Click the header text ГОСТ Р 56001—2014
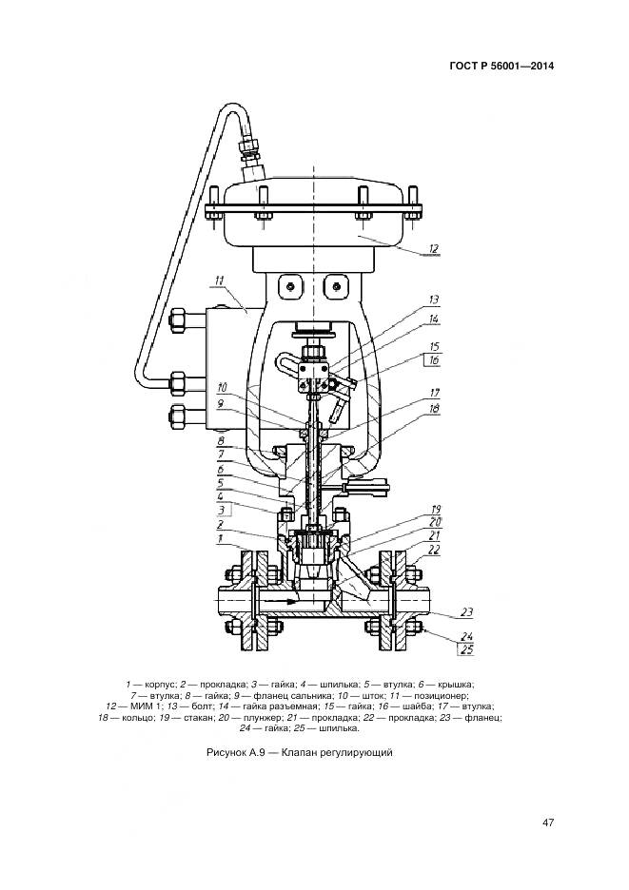click(501, 67)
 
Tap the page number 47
click(548, 823)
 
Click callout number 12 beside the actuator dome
click(433, 249)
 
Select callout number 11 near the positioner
click(219, 281)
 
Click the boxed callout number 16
click(433, 362)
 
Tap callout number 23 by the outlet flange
click(466, 612)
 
